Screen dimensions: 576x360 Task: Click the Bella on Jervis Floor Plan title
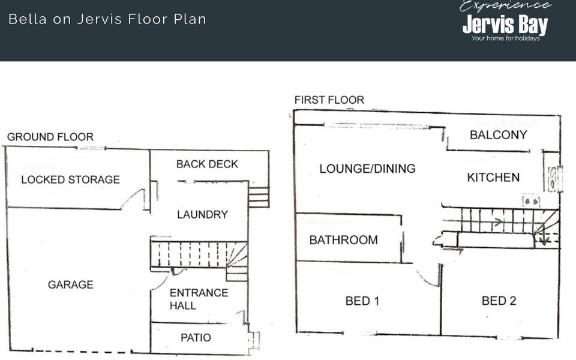107,19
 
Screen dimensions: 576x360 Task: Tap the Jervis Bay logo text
505,24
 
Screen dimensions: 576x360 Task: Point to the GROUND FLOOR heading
50,137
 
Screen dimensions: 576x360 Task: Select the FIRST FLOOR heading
329,100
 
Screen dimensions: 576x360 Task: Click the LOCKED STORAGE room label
71,179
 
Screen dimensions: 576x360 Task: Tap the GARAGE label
71,284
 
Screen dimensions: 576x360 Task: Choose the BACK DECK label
207,164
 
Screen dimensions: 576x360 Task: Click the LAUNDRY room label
202,215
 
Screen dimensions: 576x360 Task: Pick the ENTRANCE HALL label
199,299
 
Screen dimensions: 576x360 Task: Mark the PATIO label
196,338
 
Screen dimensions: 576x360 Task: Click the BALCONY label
499,135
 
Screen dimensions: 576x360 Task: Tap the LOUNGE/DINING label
367,169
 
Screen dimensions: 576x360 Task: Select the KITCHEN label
493,178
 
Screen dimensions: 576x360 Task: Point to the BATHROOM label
343,240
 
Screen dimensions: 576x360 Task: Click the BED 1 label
362,301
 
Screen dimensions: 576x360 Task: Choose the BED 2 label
499,301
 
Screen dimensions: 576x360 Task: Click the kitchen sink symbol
553,179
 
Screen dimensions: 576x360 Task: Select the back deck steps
259,197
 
